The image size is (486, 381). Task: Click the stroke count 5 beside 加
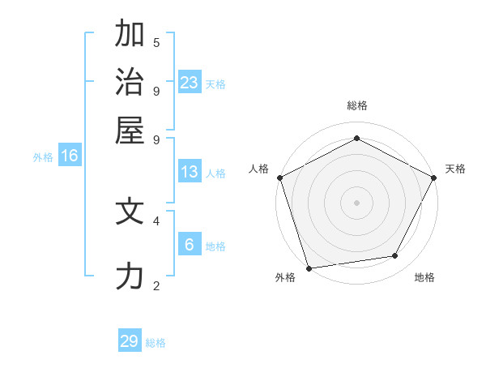(156, 42)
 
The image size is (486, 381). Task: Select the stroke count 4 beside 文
(156, 220)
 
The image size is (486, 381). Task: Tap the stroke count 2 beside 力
(156, 285)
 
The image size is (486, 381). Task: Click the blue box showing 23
(190, 82)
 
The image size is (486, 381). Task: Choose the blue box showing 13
(190, 172)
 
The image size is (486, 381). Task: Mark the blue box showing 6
(190, 245)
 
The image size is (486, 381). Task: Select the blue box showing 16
(70, 156)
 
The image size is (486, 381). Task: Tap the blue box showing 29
(130, 341)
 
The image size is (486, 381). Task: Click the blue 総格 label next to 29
(156, 343)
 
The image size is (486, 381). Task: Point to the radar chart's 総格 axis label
(356, 105)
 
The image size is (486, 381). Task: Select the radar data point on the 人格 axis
(279, 178)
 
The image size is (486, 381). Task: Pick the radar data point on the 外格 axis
(309, 268)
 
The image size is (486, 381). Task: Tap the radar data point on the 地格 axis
(395, 256)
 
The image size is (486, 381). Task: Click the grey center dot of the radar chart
(356, 202)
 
